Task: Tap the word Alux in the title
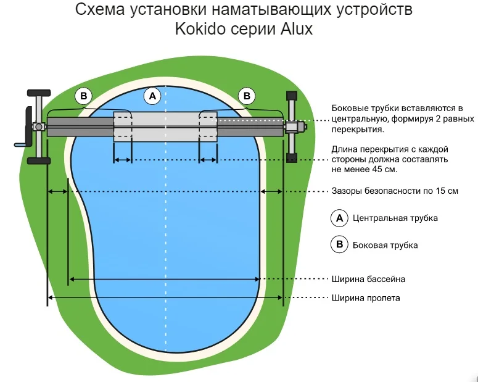pos(294,28)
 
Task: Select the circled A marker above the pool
pos(152,96)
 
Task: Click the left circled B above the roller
pos(83,96)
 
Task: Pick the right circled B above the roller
pos(247,96)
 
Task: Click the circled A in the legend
pos(339,218)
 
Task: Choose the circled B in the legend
pos(339,244)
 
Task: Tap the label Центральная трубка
pos(395,218)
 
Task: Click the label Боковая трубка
pos(385,245)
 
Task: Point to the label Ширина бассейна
pos(368,280)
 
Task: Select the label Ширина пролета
pos(366,298)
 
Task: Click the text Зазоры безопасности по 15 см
pos(395,191)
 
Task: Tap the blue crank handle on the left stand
pos(20,146)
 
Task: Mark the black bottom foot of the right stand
pos(291,160)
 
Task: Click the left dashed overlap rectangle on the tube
pos(122,127)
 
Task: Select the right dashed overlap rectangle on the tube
pos(207,127)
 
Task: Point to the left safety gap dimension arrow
pos(58,192)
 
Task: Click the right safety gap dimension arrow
pos(272,192)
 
